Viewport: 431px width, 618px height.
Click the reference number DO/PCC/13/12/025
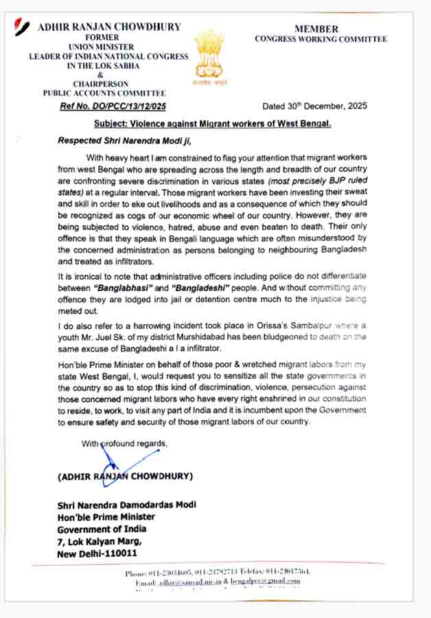pos(113,106)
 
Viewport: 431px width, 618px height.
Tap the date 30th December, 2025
pos(314,106)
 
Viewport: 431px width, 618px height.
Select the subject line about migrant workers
pos(213,124)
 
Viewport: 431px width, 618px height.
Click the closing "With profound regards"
pos(124,444)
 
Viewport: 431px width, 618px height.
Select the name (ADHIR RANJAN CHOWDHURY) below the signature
pos(126,476)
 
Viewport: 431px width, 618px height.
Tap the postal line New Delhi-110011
pos(97,553)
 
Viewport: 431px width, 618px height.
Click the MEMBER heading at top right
pos(316,29)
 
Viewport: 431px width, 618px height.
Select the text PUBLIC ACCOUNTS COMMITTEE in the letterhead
pos(104,93)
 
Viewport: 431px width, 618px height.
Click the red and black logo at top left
pos(23,28)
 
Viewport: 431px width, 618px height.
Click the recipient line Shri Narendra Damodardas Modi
pos(127,505)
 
